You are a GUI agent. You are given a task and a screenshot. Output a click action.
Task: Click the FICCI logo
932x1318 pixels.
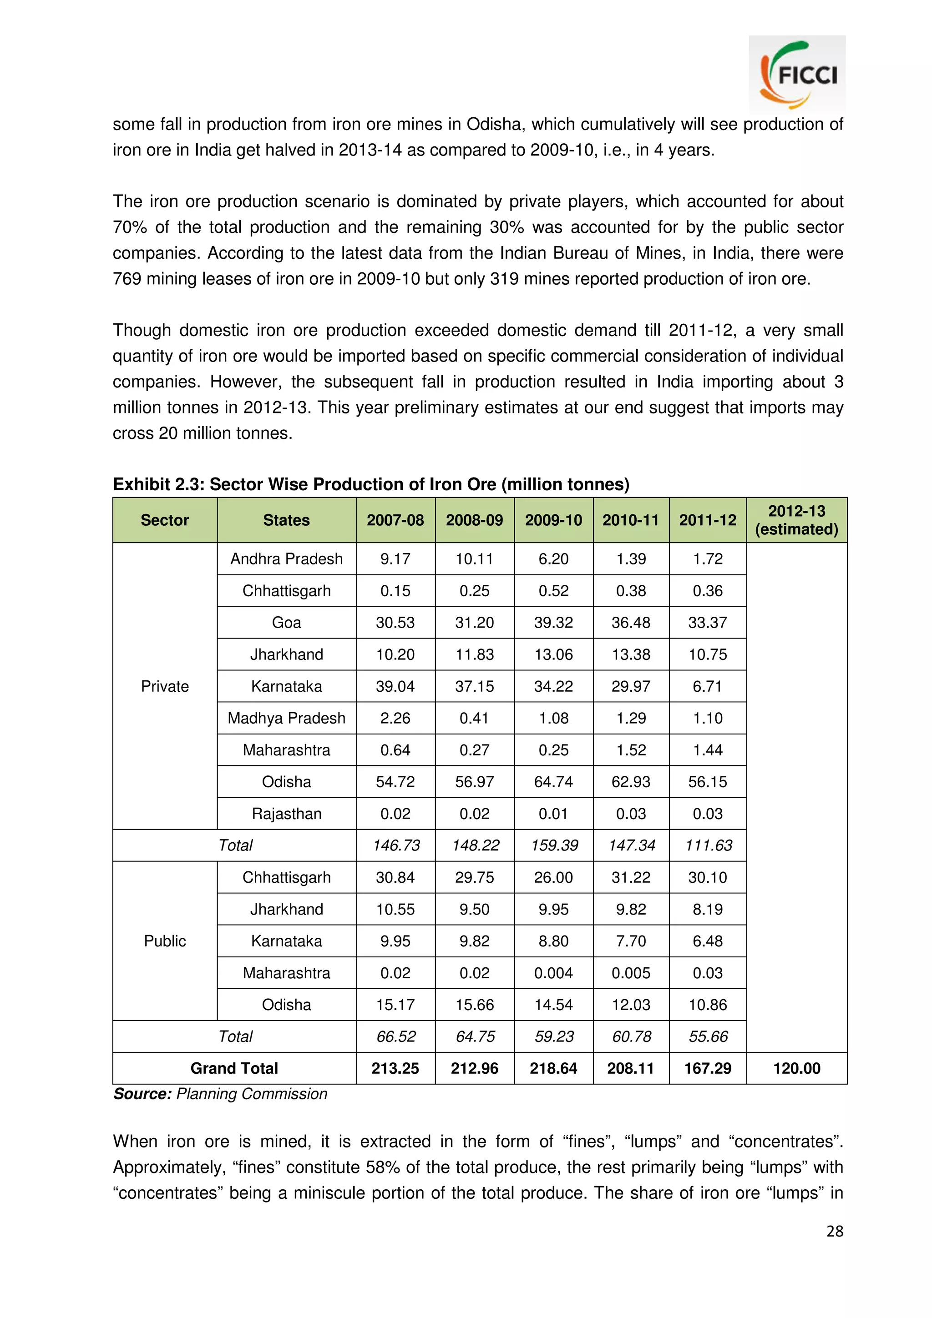tap(797, 75)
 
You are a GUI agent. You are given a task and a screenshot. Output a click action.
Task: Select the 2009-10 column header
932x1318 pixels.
tap(553, 520)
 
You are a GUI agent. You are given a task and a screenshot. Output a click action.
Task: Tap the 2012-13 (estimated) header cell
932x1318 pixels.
tap(796, 520)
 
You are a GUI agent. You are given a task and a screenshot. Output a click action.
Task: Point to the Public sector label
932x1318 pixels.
tap(165, 941)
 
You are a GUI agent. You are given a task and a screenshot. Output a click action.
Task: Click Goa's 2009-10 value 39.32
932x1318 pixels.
tap(553, 622)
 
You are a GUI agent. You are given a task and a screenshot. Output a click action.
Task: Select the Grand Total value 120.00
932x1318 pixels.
tap(796, 1068)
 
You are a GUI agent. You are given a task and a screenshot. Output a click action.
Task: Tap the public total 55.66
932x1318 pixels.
tap(708, 1037)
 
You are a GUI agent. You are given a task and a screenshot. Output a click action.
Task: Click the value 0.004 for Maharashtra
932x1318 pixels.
tap(553, 973)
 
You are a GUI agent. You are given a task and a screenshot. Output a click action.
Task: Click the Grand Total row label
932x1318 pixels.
tap(234, 1068)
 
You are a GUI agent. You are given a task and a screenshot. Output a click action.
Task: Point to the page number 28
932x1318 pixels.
tap(834, 1231)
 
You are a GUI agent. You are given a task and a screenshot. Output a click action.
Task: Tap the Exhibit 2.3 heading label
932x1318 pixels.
tap(158, 484)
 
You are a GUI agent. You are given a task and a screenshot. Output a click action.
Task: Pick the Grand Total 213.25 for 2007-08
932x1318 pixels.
tap(395, 1068)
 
